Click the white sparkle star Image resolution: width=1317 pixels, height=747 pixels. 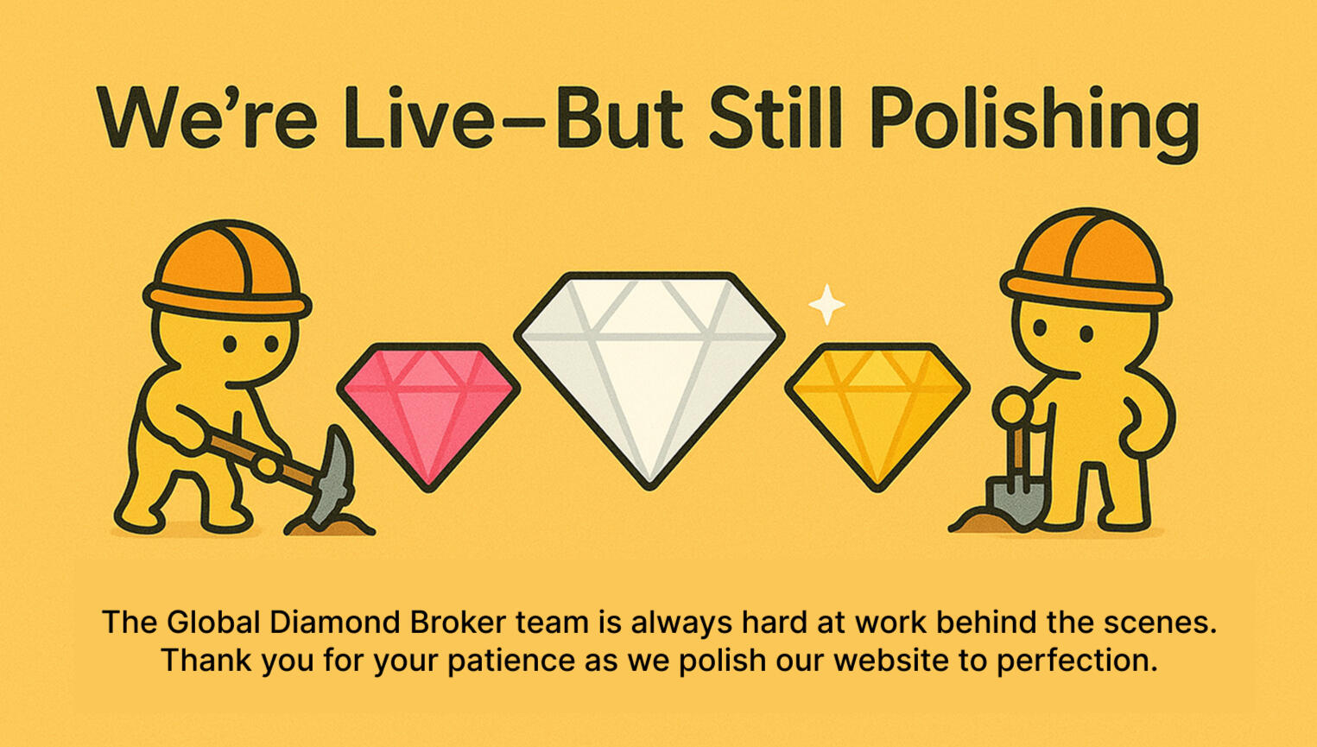pos(826,305)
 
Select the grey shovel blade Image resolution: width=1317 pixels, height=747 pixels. pos(1012,503)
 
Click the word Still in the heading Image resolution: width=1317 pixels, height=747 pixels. pos(776,117)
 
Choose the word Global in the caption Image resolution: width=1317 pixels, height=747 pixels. pos(213,623)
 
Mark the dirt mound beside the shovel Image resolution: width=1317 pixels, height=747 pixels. pos(976,522)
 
